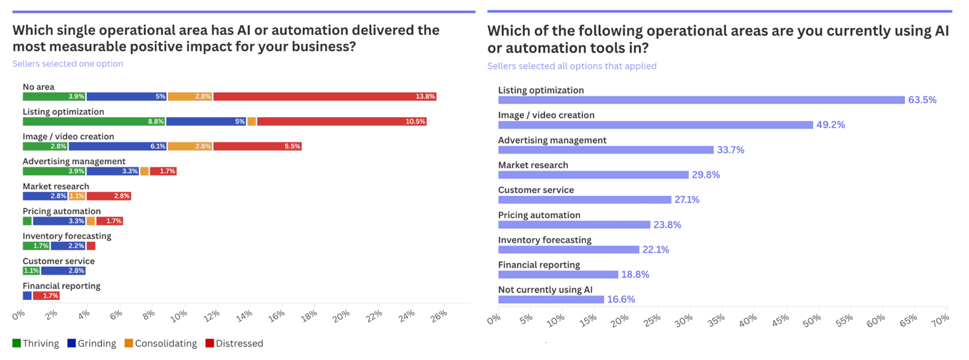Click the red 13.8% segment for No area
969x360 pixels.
pos(325,96)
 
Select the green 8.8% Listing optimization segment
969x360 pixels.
pos(94,122)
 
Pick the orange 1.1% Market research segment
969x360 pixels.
pos(77,196)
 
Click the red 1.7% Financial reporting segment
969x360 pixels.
pos(47,295)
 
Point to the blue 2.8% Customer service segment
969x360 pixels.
pos(63,271)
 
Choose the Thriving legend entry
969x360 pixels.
pos(36,343)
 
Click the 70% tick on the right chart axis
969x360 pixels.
pos(940,320)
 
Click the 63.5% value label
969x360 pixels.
pos(922,100)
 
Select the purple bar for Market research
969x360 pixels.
pos(593,175)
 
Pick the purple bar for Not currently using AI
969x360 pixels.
pos(551,299)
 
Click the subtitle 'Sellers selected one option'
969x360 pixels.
pos(68,64)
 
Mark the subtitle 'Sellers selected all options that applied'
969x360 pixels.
pos(572,66)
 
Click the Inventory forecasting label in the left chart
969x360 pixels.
pos(67,236)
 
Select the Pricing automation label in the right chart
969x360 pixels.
pos(539,215)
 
